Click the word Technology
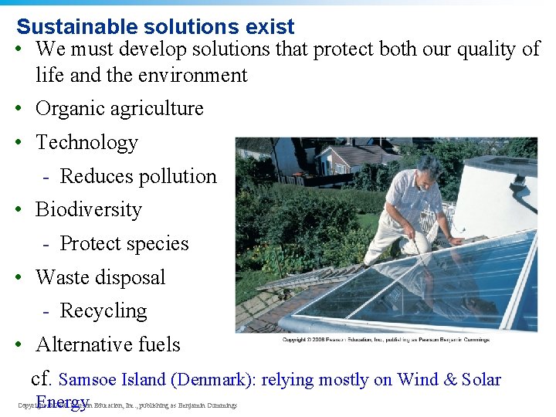(x=86, y=143)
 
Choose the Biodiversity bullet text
(x=89, y=210)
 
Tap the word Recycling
(x=103, y=311)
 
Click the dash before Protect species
(x=47, y=244)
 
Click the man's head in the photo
(x=429, y=167)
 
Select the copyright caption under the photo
(x=385, y=340)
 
